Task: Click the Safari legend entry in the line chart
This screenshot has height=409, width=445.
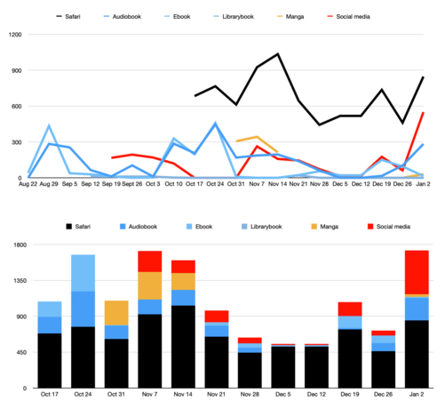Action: coord(68,17)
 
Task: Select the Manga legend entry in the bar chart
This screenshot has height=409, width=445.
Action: coord(324,227)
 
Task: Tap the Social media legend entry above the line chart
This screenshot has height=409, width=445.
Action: coord(349,17)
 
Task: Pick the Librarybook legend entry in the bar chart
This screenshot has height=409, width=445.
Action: coord(262,227)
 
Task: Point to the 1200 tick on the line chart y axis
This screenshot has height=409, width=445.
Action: coord(15,35)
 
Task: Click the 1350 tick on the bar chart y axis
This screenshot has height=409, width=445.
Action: coord(20,281)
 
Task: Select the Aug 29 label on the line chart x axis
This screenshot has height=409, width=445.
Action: coord(49,184)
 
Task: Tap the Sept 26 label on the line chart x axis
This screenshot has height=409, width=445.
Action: coord(132,184)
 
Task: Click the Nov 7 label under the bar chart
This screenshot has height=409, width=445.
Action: coord(149,395)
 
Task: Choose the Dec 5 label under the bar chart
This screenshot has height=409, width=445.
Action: coord(283,395)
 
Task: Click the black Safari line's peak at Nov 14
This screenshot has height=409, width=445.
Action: coord(278,54)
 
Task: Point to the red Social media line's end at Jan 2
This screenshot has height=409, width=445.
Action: coord(424,113)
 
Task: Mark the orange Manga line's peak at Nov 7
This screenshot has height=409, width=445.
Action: coord(257,137)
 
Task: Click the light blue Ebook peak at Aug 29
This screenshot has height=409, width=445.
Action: coord(49,125)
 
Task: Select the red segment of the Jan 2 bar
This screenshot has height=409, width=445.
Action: coord(417,272)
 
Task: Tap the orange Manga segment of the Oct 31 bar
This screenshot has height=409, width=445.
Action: coord(116,313)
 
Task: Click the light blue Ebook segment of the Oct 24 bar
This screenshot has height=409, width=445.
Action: coord(83,273)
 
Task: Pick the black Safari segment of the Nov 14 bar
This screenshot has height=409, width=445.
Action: coord(183,347)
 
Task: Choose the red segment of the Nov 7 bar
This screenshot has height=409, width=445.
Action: coord(150,261)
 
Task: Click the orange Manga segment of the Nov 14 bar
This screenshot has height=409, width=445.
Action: coord(183,281)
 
